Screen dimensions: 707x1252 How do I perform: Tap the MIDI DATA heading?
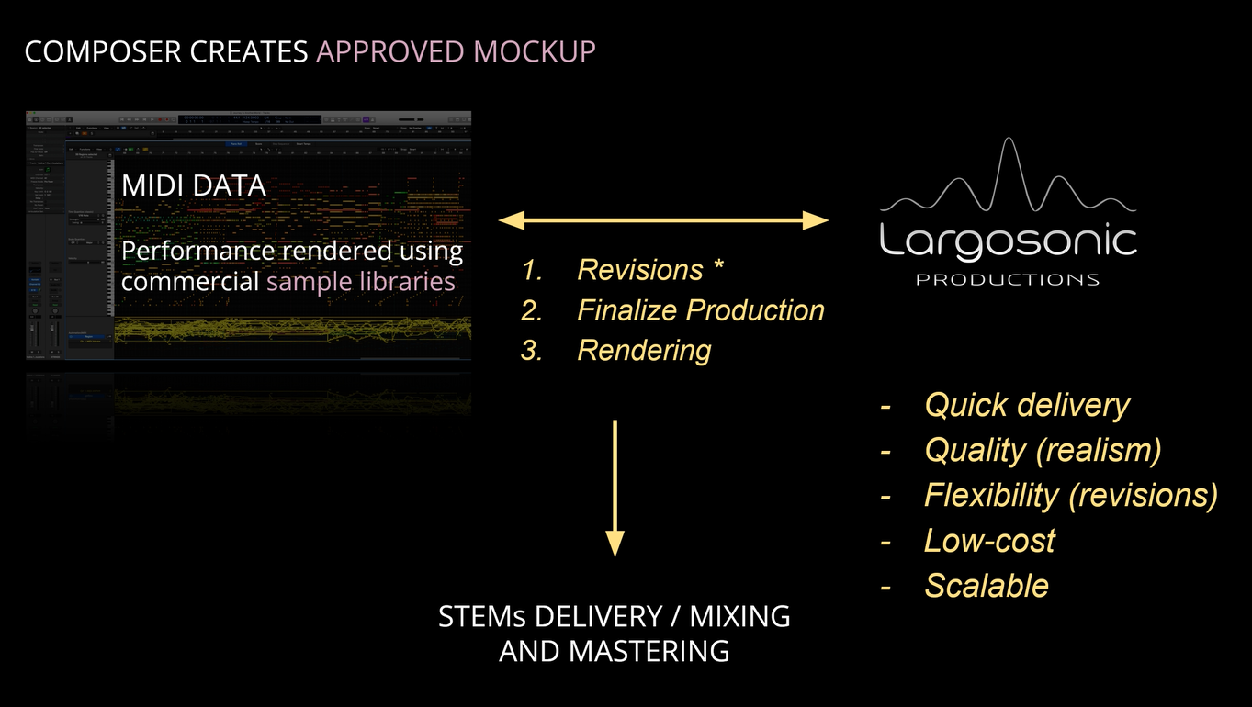click(x=194, y=185)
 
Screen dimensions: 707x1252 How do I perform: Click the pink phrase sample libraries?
click(x=361, y=281)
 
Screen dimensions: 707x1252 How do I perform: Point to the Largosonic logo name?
click(x=1008, y=241)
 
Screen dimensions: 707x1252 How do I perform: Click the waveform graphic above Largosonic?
click(x=1008, y=180)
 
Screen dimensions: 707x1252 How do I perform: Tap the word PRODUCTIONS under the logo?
click(x=1008, y=279)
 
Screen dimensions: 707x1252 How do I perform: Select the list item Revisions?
click(x=639, y=270)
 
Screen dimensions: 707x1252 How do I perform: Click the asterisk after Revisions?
click(x=719, y=268)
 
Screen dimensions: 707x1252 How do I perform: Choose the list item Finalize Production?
click(x=700, y=310)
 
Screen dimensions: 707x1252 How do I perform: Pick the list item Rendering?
click(x=644, y=350)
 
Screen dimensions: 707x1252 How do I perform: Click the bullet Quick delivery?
click(x=1026, y=405)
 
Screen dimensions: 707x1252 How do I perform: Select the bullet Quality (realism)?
click(x=1043, y=450)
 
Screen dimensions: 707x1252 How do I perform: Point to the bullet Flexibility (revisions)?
click(x=1070, y=495)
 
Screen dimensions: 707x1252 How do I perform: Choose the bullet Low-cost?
click(x=989, y=540)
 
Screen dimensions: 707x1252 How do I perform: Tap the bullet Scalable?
click(x=986, y=585)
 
